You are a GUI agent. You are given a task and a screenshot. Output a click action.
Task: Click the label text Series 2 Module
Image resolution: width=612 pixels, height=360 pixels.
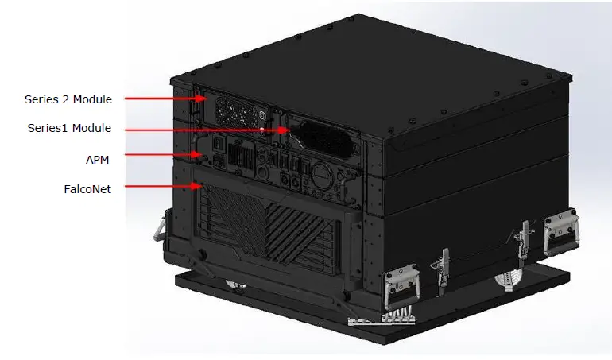point(68,99)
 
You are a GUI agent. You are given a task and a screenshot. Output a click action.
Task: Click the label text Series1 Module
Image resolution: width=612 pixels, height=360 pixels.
point(69,128)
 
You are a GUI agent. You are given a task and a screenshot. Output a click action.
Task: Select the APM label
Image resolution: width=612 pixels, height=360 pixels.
point(97,159)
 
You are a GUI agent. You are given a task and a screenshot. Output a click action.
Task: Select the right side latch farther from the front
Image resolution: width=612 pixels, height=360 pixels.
point(522,238)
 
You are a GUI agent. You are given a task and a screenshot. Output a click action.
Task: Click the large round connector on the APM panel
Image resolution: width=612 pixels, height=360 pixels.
point(322,174)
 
